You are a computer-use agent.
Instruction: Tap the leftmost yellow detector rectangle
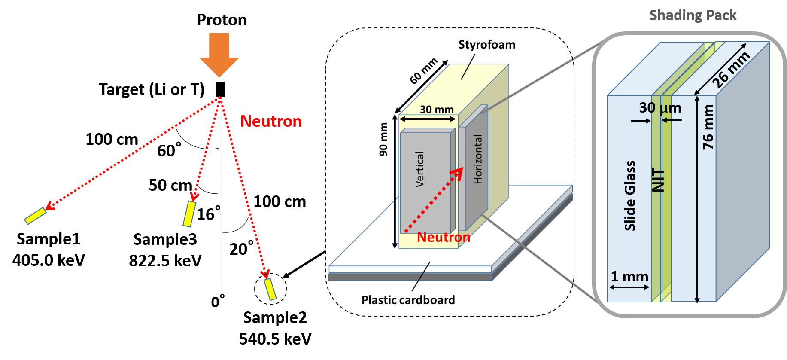point(35,216)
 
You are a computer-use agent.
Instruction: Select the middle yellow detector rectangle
point(189,214)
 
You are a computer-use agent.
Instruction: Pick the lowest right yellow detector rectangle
point(270,289)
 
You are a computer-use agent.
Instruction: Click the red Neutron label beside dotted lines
point(271,122)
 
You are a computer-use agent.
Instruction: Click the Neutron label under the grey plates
point(444,238)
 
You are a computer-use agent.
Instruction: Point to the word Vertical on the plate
point(419,169)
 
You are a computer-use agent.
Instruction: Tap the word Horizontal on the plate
point(477,159)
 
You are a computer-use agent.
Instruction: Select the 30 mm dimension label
point(437,110)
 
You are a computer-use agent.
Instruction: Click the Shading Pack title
point(693,15)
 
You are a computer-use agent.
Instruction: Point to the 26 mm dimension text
point(730,70)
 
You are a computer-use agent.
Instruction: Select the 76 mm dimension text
point(708,127)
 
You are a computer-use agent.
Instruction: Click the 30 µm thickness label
point(659,108)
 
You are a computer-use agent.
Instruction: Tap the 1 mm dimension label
point(629,277)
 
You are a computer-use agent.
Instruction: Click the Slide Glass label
point(630,196)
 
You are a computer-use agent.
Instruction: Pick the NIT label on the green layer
point(658,180)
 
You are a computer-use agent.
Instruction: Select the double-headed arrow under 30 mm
point(428,119)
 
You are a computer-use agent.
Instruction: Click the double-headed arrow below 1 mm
point(629,287)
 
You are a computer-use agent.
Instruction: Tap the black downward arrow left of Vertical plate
point(395,223)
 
